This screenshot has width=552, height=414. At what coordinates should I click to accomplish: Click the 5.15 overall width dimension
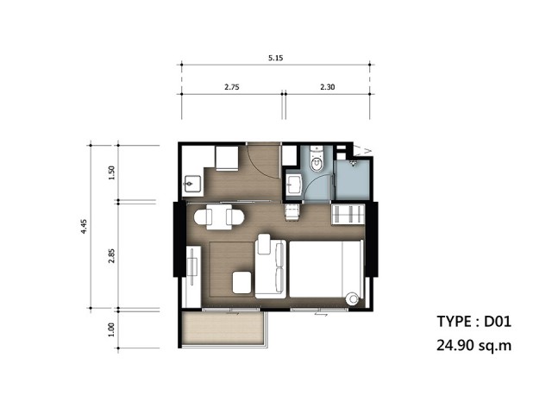click(276, 58)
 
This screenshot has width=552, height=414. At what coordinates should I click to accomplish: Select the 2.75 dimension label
click(232, 87)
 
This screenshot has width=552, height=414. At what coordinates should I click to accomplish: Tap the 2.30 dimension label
click(328, 87)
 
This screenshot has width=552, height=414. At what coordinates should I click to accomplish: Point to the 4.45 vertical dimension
click(84, 226)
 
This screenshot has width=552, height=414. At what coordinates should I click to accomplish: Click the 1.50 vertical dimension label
click(111, 172)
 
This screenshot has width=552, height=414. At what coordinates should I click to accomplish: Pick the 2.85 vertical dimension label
click(111, 256)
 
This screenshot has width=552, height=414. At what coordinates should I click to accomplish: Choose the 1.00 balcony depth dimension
click(111, 329)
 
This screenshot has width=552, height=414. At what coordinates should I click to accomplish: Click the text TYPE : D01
click(474, 322)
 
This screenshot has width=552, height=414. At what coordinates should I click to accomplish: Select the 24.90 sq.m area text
click(474, 345)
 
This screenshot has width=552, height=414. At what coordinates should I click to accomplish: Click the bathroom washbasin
click(293, 185)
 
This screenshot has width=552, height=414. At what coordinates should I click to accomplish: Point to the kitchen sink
click(192, 184)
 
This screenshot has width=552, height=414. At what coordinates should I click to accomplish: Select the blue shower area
click(352, 179)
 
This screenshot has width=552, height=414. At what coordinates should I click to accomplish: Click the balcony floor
click(223, 328)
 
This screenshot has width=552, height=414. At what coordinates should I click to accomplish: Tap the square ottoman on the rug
click(241, 282)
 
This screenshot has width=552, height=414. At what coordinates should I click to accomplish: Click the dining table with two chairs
click(219, 216)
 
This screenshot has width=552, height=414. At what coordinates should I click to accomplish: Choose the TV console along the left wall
click(193, 276)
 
